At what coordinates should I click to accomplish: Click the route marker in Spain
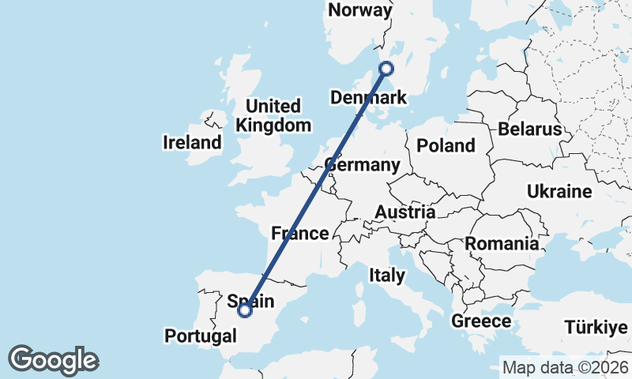(245, 310)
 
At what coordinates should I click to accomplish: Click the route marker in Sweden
(386, 68)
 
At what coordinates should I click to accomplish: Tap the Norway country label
(360, 10)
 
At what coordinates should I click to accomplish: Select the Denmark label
(368, 98)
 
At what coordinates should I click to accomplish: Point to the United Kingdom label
(273, 115)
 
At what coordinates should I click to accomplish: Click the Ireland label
(192, 143)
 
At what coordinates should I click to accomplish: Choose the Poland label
(446, 145)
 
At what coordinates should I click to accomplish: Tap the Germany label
(363, 165)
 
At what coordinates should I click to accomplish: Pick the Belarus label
(529, 129)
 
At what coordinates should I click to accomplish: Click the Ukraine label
(559, 192)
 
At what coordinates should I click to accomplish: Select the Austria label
(404, 212)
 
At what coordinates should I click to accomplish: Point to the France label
(299, 233)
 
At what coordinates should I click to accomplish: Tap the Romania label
(501, 243)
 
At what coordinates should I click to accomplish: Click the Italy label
(387, 276)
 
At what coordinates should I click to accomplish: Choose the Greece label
(481, 321)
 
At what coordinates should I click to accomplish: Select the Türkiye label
(596, 327)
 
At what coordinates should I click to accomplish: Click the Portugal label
(201, 336)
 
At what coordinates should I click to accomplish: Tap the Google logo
(53, 360)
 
